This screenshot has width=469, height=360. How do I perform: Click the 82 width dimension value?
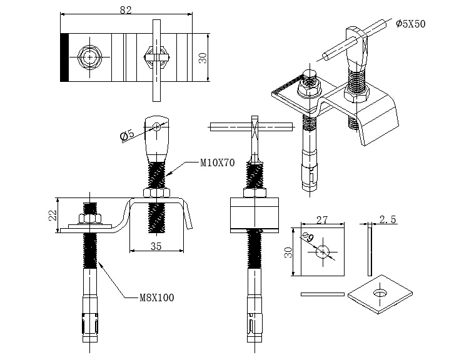point(126,10)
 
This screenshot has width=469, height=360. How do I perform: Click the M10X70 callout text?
point(218,163)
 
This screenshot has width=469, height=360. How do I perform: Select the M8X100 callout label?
point(157,297)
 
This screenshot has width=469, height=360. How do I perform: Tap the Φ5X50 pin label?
point(410,24)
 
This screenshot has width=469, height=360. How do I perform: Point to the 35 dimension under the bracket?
point(156,246)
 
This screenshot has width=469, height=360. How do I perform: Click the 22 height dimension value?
point(53,215)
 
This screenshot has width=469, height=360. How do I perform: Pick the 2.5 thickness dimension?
point(388,219)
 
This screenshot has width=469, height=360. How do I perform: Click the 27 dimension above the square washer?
point(322,220)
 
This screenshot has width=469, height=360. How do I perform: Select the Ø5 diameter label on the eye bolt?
point(127,135)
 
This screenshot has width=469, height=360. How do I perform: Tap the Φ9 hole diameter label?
point(308,237)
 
